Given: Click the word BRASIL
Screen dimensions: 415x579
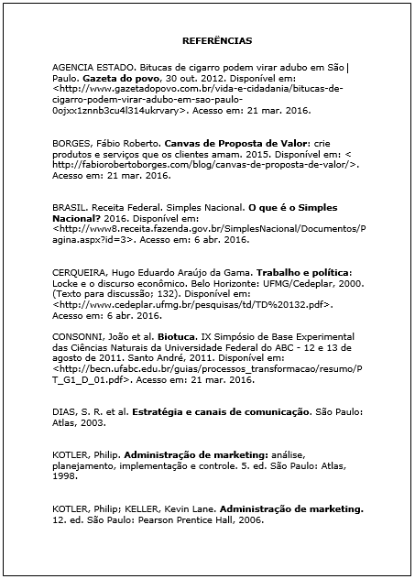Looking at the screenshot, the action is pos(71,208).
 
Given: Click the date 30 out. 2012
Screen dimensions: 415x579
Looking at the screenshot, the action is pos(189,80).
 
